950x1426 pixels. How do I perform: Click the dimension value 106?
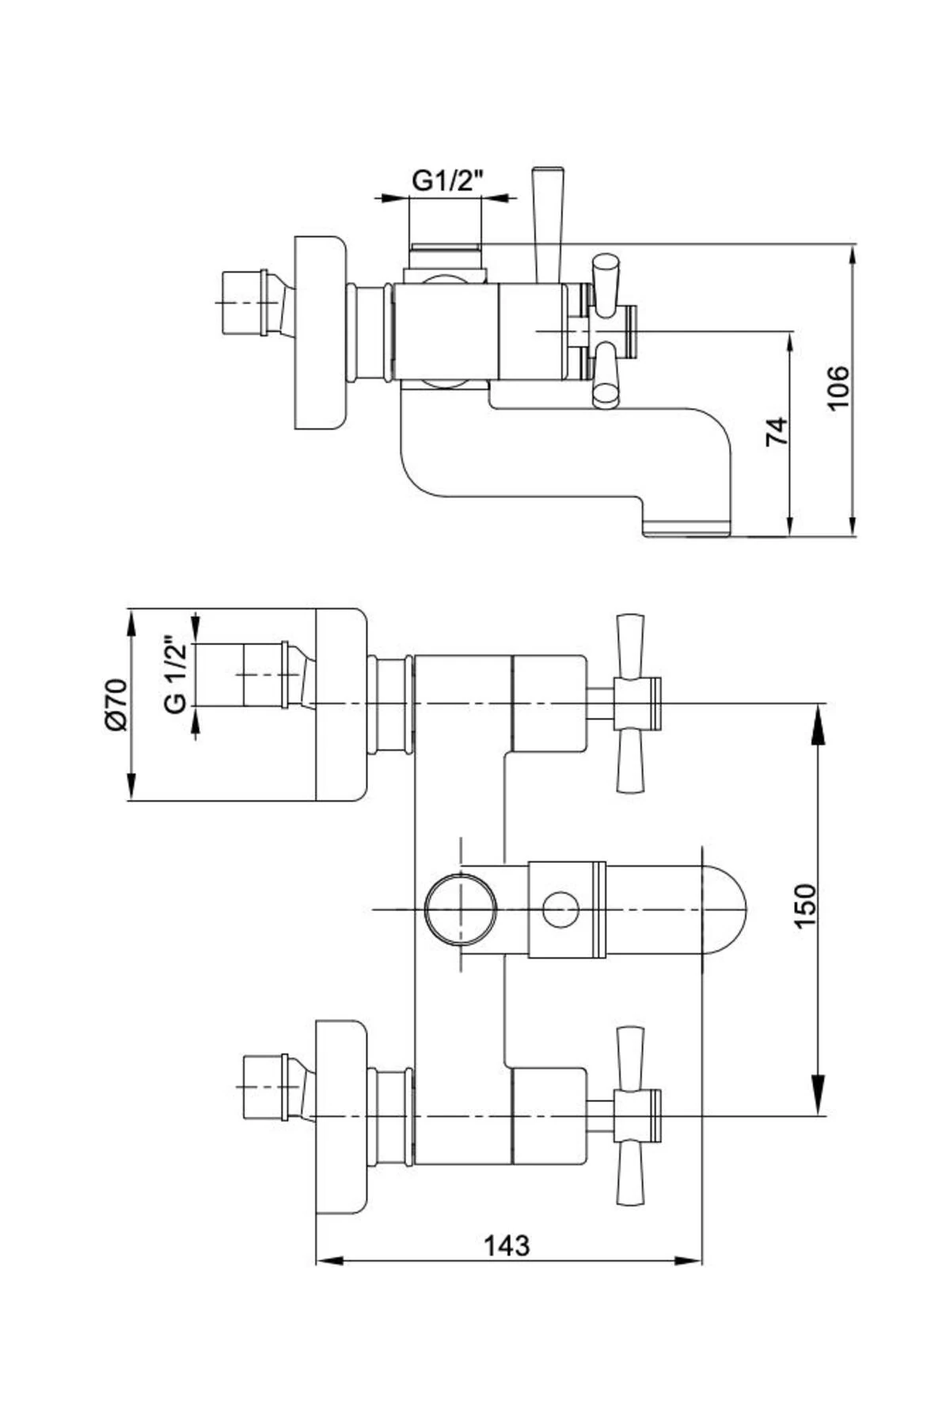tap(838, 387)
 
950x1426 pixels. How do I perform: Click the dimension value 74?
tap(778, 431)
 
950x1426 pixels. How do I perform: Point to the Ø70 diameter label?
tap(115, 703)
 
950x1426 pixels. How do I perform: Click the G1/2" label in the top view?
tap(446, 181)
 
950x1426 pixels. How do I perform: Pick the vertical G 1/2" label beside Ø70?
tap(177, 673)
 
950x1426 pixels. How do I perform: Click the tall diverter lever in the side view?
tap(548, 222)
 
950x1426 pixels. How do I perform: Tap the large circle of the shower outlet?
tap(460, 908)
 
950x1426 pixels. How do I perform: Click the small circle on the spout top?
tap(560, 908)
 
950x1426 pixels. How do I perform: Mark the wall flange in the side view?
tap(321, 333)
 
